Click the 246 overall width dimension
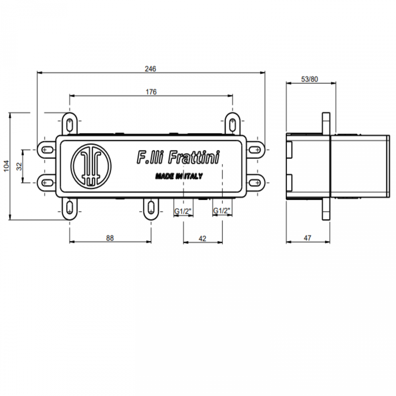[x=150, y=69]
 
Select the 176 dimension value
[x=151, y=92]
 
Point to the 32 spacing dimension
[x=19, y=166]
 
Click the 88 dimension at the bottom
[x=110, y=238]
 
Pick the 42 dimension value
[x=202, y=239]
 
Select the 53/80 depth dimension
[x=309, y=79]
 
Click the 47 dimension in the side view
[x=308, y=238]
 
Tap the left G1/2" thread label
[x=183, y=211]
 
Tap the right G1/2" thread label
[x=222, y=211]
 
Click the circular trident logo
[x=91, y=166]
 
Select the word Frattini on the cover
[x=194, y=157]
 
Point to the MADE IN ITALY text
[x=179, y=176]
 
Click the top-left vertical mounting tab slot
[x=70, y=123]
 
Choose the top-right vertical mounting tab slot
[x=232, y=123]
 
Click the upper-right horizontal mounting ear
[x=255, y=150]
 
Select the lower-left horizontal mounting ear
[x=47, y=182]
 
